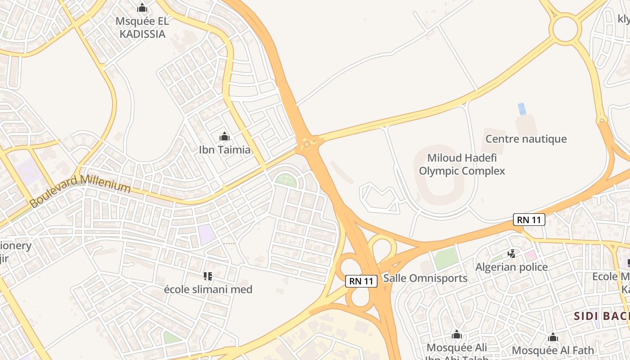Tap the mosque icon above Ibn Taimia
coord(224,136)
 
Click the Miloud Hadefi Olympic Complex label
coord(462,164)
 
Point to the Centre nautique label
coord(526,139)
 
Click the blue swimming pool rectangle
coord(522,109)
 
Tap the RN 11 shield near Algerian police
coord(529,220)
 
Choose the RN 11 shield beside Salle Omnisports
coord(361,281)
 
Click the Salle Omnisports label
coord(425,278)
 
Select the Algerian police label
coord(511,267)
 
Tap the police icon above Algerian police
coord(511,254)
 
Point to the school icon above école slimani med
coord(207,276)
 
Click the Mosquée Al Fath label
coord(553,350)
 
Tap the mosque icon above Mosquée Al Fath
coord(553,337)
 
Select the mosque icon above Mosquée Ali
coord(456,334)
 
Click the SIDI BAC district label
coord(601,316)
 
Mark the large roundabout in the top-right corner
coord(565,29)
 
